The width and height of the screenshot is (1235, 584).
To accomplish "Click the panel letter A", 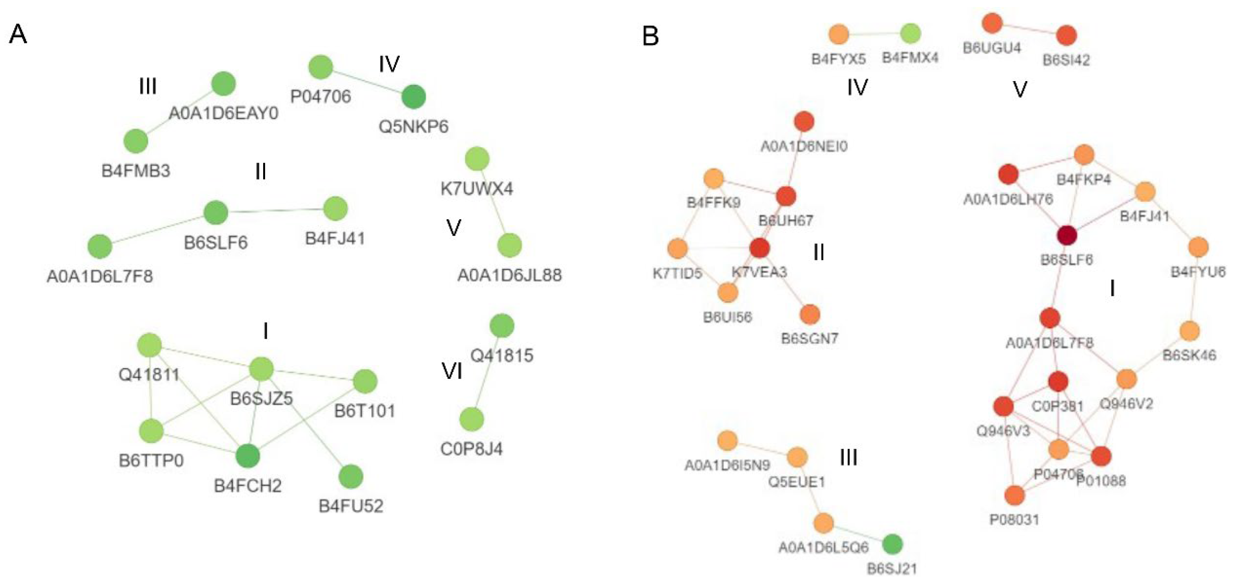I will pos(18,35).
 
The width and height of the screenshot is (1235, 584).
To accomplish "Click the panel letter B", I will pos(650,36).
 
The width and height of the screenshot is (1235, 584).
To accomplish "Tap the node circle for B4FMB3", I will pos(136,141).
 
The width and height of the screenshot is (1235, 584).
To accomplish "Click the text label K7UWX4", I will pos(477,189).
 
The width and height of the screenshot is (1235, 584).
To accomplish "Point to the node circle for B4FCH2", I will pos(248,456).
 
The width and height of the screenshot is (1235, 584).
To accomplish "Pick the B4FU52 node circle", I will pos(351,477).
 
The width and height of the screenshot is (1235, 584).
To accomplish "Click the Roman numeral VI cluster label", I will pos(452,371).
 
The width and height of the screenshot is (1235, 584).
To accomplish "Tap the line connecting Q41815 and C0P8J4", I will pos(487,373).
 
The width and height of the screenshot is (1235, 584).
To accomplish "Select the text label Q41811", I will pos(149,374).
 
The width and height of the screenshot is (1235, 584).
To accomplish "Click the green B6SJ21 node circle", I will pos(892,544).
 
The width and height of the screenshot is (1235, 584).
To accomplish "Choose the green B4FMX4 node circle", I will pos(910,34).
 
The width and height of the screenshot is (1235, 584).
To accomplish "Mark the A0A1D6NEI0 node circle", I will pos(804,122).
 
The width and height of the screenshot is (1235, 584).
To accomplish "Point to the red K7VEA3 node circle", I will pos(760,248).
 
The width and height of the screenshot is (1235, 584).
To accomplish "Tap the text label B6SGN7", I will pos(810,338).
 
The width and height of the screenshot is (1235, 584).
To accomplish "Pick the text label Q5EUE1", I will pos(797,482).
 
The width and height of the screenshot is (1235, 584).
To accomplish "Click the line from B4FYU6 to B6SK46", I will pos(1194,289).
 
